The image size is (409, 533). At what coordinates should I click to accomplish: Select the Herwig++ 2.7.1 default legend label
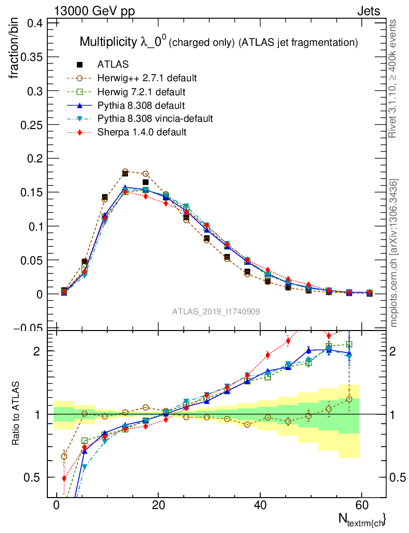tap(147, 78)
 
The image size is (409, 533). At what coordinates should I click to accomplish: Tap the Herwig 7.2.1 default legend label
tap(142, 92)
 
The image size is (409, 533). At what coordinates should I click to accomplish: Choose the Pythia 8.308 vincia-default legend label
tap(155, 119)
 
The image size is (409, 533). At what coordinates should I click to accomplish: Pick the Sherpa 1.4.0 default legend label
tap(142, 132)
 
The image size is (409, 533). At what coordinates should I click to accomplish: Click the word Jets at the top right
tap(368, 11)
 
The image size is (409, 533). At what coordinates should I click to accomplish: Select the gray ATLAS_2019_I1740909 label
tap(216, 311)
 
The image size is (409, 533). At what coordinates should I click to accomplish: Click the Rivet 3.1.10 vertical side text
tap(393, 78)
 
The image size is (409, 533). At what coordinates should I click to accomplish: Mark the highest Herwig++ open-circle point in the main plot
tap(125, 171)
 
